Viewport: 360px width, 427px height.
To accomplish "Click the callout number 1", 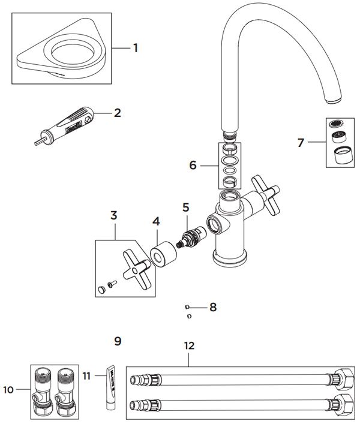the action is point(136,48).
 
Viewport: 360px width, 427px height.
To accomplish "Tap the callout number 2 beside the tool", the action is point(118,113).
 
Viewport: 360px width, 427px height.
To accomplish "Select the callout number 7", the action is point(301,143).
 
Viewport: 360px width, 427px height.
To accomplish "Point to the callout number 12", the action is point(189,346).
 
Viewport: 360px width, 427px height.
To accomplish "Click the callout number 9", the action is point(118,341).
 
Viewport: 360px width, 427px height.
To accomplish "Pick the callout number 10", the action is point(8,390).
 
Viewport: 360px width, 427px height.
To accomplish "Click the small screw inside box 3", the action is point(112,284).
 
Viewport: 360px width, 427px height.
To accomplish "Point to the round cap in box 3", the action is point(101,290).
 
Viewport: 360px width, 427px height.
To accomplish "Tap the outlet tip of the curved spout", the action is point(333,100).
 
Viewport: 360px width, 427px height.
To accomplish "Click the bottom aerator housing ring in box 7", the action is point(344,155).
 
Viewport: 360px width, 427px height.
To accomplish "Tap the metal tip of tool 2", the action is point(38,142).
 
